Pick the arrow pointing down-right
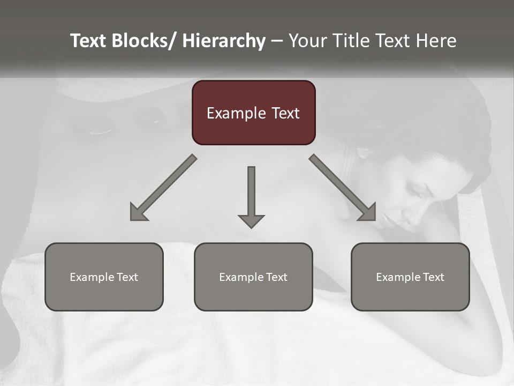[343, 188]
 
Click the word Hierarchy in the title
[224, 41]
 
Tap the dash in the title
[277, 41]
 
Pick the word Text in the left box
[126, 277]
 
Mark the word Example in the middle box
[239, 277]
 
